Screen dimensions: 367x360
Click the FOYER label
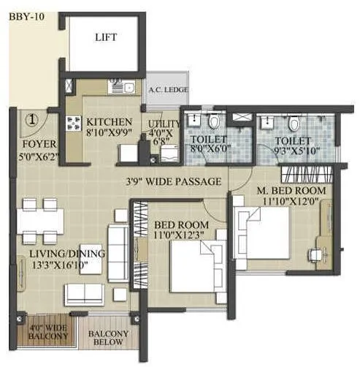pyautogui.click(x=32, y=144)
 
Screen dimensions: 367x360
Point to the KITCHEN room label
pyautogui.click(x=108, y=122)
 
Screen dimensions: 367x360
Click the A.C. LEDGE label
pyautogui.click(x=167, y=90)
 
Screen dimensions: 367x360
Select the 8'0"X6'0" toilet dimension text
pyautogui.click(x=209, y=150)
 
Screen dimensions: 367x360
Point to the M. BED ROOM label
pyautogui.click(x=291, y=191)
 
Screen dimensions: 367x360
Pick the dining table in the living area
pyautogui.click(x=41, y=217)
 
